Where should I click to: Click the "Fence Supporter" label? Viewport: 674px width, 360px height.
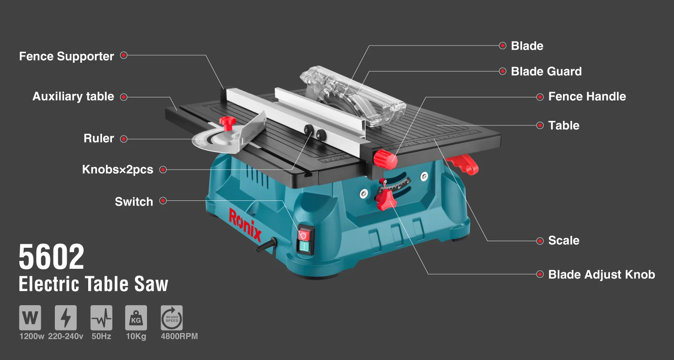pyautogui.click(x=67, y=57)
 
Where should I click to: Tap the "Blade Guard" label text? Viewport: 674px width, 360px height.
pyautogui.click(x=546, y=71)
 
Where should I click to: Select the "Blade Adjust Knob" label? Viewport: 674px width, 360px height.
pyautogui.click(x=602, y=274)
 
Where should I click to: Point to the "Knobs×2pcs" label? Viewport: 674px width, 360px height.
pyautogui.click(x=118, y=170)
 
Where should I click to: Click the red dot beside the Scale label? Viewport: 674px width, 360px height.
pyautogui.click(x=540, y=241)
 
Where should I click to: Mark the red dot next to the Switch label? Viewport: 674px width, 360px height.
pyautogui.click(x=163, y=200)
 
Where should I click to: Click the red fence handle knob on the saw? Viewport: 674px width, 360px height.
pyautogui.click(x=386, y=160)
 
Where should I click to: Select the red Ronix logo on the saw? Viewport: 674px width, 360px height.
pyautogui.click(x=245, y=225)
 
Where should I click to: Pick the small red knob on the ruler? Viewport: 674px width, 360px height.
pyautogui.click(x=228, y=123)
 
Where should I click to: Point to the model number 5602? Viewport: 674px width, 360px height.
pyautogui.click(x=51, y=257)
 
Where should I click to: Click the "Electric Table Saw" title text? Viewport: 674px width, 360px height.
pyautogui.click(x=93, y=284)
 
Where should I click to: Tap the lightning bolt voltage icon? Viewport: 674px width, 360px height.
pyautogui.click(x=65, y=317)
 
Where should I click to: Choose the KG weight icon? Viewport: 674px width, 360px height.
pyautogui.click(x=136, y=317)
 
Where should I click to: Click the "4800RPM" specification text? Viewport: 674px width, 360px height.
pyautogui.click(x=179, y=336)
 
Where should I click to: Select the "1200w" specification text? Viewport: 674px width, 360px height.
pyautogui.click(x=32, y=336)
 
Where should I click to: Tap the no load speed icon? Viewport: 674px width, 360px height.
pyautogui.click(x=172, y=317)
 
